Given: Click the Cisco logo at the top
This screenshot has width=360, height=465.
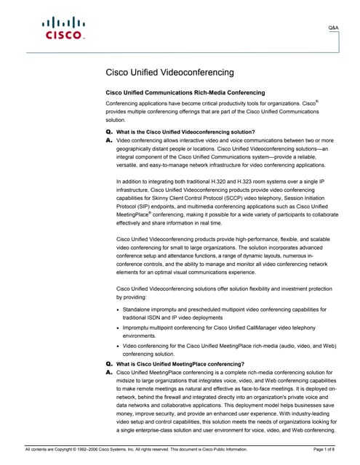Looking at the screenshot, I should tap(65, 29).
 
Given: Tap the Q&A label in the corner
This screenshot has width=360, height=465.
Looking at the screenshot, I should tap(334, 26).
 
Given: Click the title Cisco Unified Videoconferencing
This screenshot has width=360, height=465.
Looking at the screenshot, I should tap(170, 73).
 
